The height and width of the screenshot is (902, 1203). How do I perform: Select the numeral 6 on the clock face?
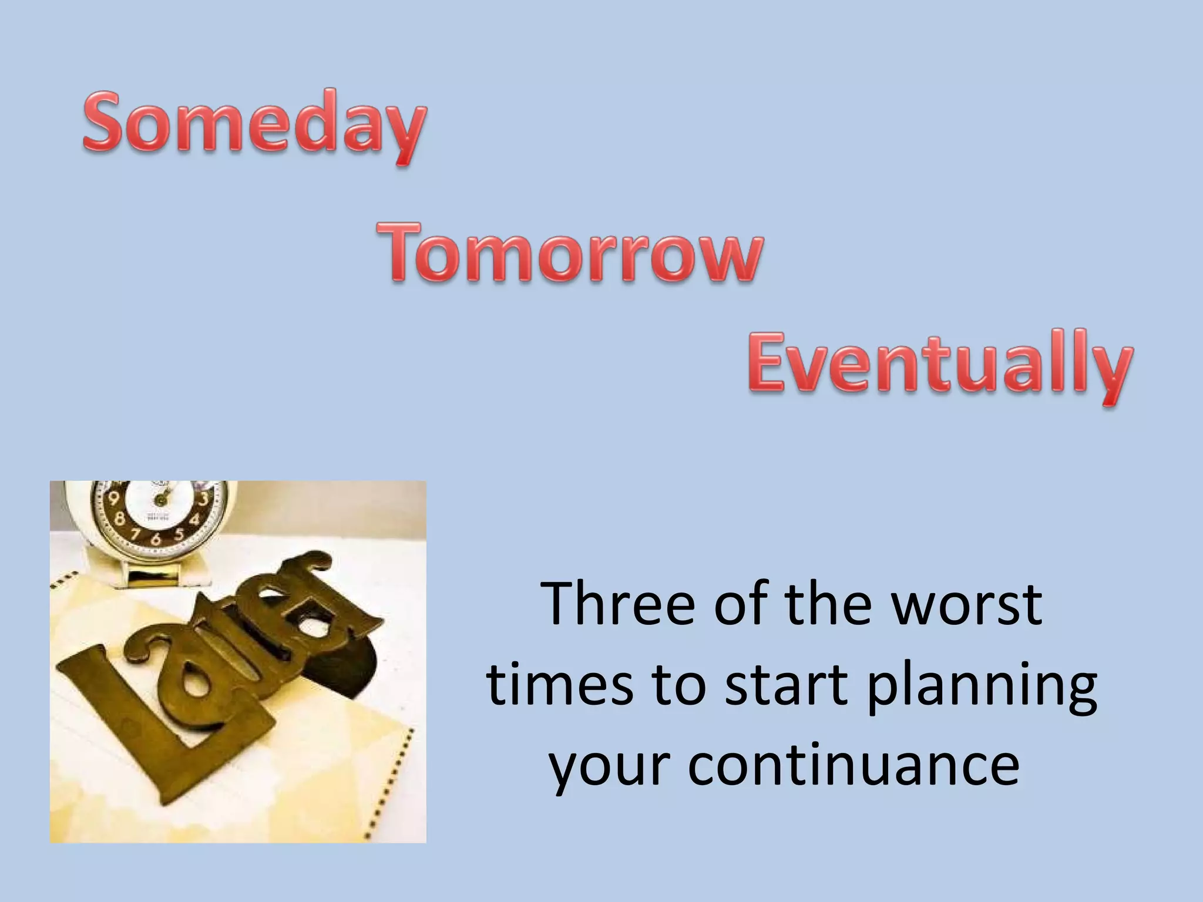pos(156,539)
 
